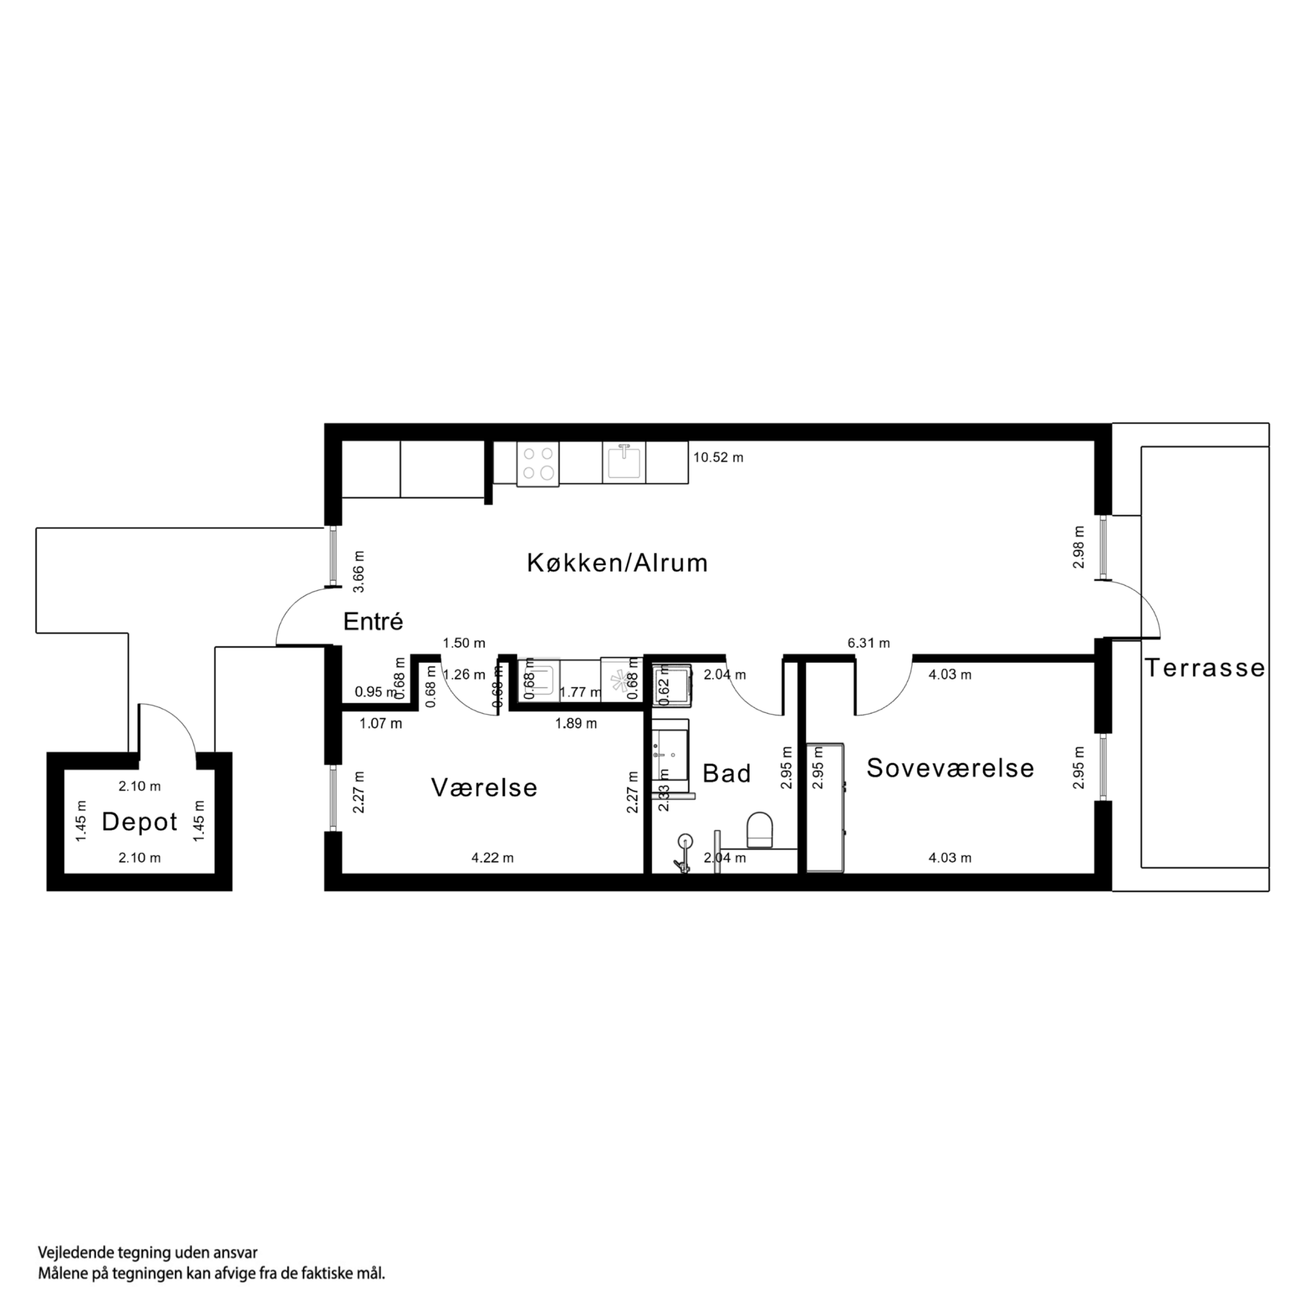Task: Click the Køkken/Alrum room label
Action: (x=616, y=563)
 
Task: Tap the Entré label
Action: (x=373, y=621)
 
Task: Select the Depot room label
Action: (x=139, y=821)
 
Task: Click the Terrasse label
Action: (x=1204, y=668)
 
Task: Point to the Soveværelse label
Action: (x=950, y=768)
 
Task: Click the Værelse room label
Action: (x=484, y=788)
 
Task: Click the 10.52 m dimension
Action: (x=717, y=457)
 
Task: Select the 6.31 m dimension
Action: (x=868, y=643)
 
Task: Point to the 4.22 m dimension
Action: (x=492, y=858)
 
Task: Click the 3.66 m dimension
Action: (x=360, y=571)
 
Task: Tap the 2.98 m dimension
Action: (x=1079, y=547)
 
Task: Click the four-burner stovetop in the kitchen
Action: (x=538, y=464)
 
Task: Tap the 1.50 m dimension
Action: (x=464, y=643)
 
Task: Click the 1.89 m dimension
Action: (x=575, y=723)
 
